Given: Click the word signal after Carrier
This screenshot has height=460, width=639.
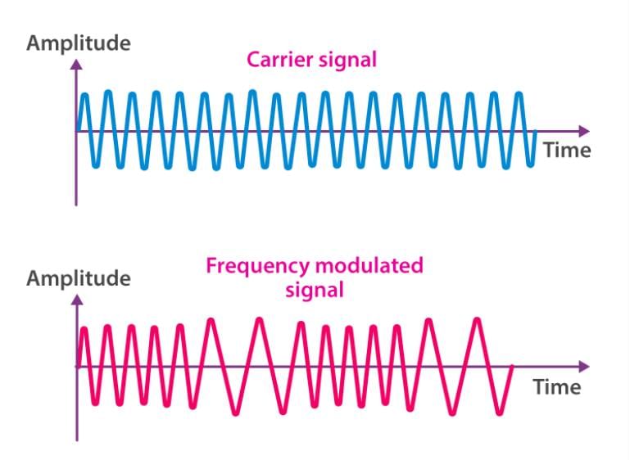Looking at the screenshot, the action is tap(347, 61).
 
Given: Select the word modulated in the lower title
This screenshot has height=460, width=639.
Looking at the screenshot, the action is tap(369, 265).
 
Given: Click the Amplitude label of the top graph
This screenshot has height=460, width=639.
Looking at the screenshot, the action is tap(79, 43).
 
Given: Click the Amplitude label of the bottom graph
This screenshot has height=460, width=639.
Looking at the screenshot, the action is tap(79, 279).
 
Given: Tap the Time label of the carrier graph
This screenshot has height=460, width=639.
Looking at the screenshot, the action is tap(567, 151).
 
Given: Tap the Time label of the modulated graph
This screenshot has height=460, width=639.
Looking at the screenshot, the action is tap(557, 386).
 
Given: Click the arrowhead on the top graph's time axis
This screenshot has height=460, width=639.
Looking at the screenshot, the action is tap(584, 131).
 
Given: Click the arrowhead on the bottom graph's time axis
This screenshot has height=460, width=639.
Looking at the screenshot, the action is tap(584, 367).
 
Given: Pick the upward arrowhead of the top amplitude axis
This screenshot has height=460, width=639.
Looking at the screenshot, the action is tap(76, 65).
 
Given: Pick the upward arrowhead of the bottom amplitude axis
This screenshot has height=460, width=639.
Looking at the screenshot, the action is tap(77, 300).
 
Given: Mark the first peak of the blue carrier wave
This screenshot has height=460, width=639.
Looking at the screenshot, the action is tap(84, 96).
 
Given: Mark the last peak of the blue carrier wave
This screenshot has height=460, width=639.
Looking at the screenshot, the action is tap(519, 95).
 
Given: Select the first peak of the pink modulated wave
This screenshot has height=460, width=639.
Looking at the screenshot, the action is tap(84, 329).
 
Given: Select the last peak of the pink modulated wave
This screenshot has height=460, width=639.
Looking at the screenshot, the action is tap(477, 320).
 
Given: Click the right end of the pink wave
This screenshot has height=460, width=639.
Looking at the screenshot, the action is tap(512, 367).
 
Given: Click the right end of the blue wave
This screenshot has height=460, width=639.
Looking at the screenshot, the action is tap(535, 132).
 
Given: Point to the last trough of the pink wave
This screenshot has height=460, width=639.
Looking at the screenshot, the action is tap(500, 413).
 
